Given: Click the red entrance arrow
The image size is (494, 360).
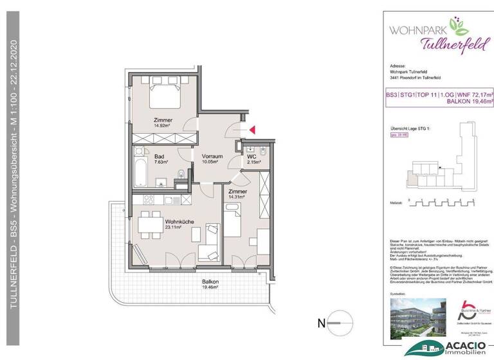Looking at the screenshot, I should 252,130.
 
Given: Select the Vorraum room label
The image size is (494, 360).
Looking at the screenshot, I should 212,157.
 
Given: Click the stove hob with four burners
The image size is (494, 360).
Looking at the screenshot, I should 147,199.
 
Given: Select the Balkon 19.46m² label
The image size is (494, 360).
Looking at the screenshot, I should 210,285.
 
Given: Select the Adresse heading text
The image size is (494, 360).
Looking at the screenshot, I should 399,66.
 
